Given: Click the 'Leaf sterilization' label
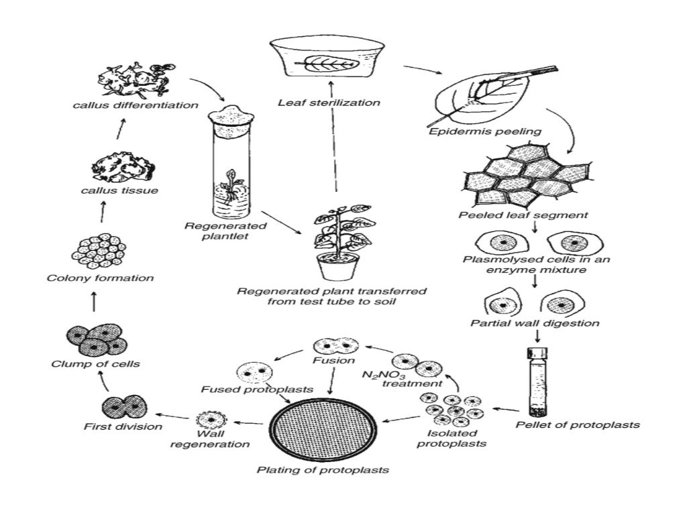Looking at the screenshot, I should pos(329,103).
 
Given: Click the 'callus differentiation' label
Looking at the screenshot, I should pos(136,105).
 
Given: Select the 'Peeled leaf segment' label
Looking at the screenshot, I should pos(523,216).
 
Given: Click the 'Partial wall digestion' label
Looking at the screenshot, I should pos(535,323).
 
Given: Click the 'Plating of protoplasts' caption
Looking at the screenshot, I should pos(323,470).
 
